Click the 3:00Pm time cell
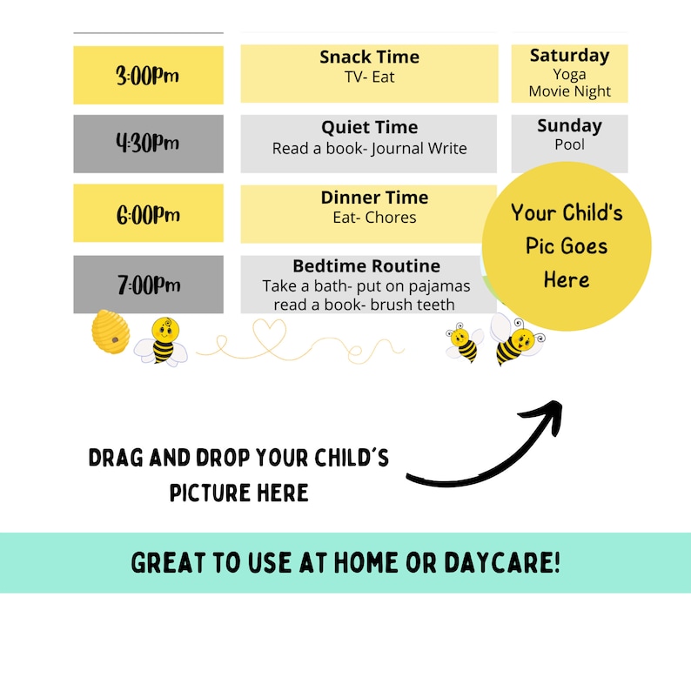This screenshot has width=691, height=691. pos(148,76)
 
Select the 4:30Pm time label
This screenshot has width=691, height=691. pos(148,144)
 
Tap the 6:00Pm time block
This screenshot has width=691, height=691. pos(148,214)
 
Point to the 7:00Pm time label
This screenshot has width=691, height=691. pos(148,285)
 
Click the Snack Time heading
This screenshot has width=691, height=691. pos(369,57)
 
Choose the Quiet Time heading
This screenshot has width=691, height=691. pos(369,128)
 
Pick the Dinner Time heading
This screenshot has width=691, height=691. pos(374,198)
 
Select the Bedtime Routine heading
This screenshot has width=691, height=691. pos(366,266)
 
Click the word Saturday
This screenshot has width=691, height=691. pos(569,56)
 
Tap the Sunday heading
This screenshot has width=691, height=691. pos(569,126)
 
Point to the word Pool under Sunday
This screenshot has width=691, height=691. pos(569,144)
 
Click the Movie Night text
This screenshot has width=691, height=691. pos(569,91)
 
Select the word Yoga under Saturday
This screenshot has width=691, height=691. pos(569,74)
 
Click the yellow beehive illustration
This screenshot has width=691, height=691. pos(110,332)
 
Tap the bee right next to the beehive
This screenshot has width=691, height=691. pos(163,340)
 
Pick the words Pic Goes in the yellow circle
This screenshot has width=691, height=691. pos(566,246)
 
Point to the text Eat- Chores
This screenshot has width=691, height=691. pos(374,218)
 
